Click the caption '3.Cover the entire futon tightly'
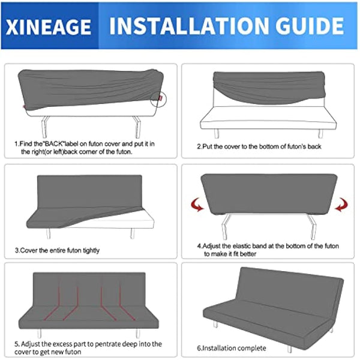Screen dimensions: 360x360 pos(57,250)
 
